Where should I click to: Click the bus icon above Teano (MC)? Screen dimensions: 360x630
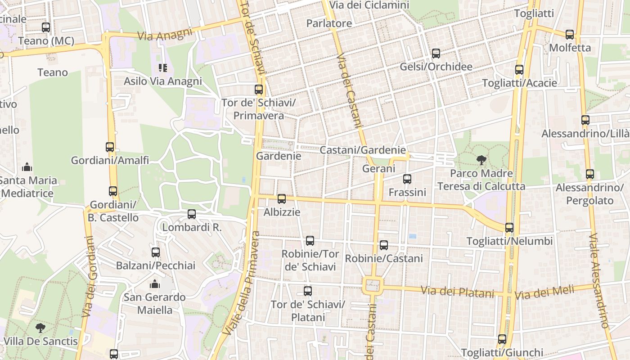[46, 27]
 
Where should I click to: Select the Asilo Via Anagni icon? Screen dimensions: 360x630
[162, 68]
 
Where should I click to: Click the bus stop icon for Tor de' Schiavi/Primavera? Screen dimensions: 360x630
[258, 90]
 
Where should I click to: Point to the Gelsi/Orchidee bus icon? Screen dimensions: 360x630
[436, 54]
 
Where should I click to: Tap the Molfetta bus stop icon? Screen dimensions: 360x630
[570, 34]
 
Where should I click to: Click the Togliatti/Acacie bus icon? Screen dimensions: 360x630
[519, 70]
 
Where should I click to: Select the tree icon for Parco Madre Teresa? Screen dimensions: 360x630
[481, 160]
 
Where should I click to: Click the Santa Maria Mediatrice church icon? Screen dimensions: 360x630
[27, 167]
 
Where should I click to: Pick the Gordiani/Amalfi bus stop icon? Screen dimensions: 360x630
[110, 147]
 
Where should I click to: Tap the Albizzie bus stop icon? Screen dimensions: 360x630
[282, 198]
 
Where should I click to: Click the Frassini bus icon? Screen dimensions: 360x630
[407, 179]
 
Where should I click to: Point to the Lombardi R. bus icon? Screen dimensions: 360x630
[192, 214]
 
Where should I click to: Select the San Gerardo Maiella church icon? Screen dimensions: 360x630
[155, 284]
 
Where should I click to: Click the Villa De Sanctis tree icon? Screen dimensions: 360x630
[40, 328]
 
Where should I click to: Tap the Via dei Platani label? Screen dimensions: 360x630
[457, 292]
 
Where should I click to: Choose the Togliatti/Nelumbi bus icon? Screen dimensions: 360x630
[509, 228]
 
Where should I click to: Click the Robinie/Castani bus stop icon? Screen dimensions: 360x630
[384, 245]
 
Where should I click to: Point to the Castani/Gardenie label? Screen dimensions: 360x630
[363, 150]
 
